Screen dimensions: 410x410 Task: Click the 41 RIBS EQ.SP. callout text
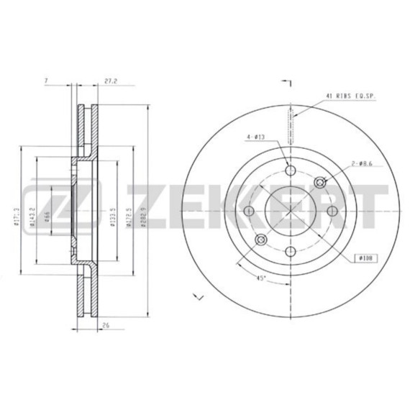352,96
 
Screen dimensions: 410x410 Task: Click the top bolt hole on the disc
291,170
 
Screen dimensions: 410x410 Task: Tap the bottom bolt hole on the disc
291,251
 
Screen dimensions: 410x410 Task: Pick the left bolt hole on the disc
250,211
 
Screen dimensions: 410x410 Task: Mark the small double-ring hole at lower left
262,240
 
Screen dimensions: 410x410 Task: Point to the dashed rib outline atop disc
291,124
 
